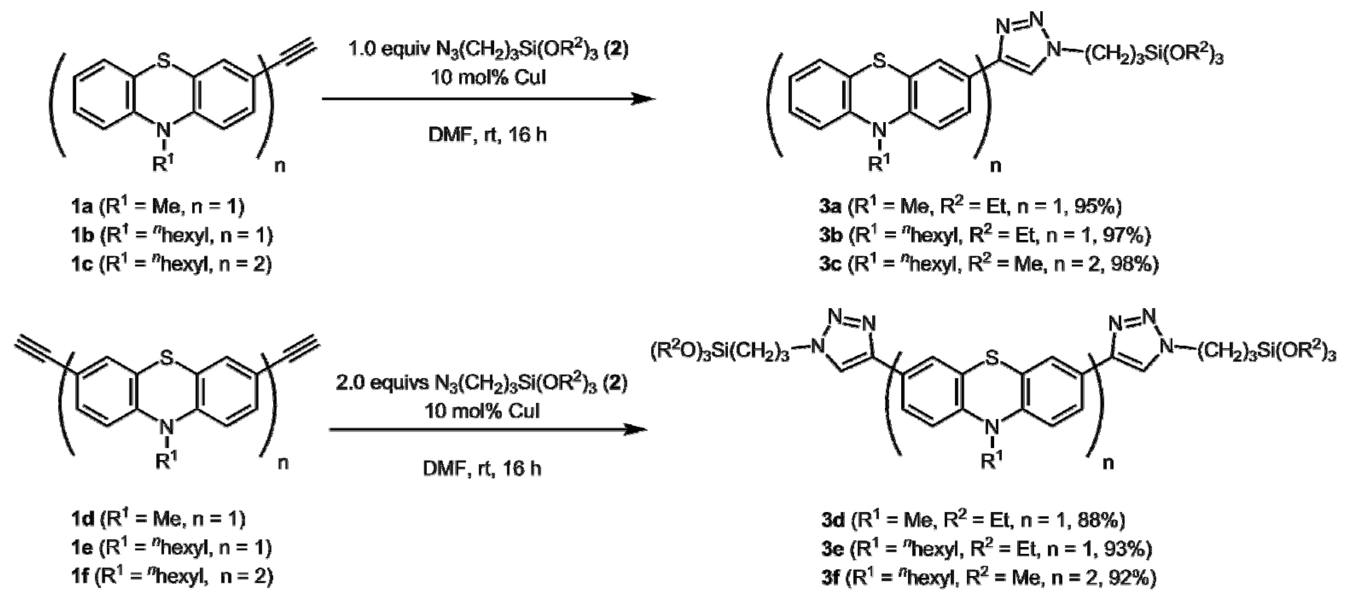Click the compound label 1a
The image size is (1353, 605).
(82, 207)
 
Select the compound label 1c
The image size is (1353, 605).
(82, 264)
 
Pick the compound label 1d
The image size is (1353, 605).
(82, 519)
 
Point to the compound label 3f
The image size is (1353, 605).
(830, 578)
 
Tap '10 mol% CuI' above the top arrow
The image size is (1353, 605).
(489, 77)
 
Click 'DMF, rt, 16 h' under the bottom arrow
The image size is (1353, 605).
(482, 468)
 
